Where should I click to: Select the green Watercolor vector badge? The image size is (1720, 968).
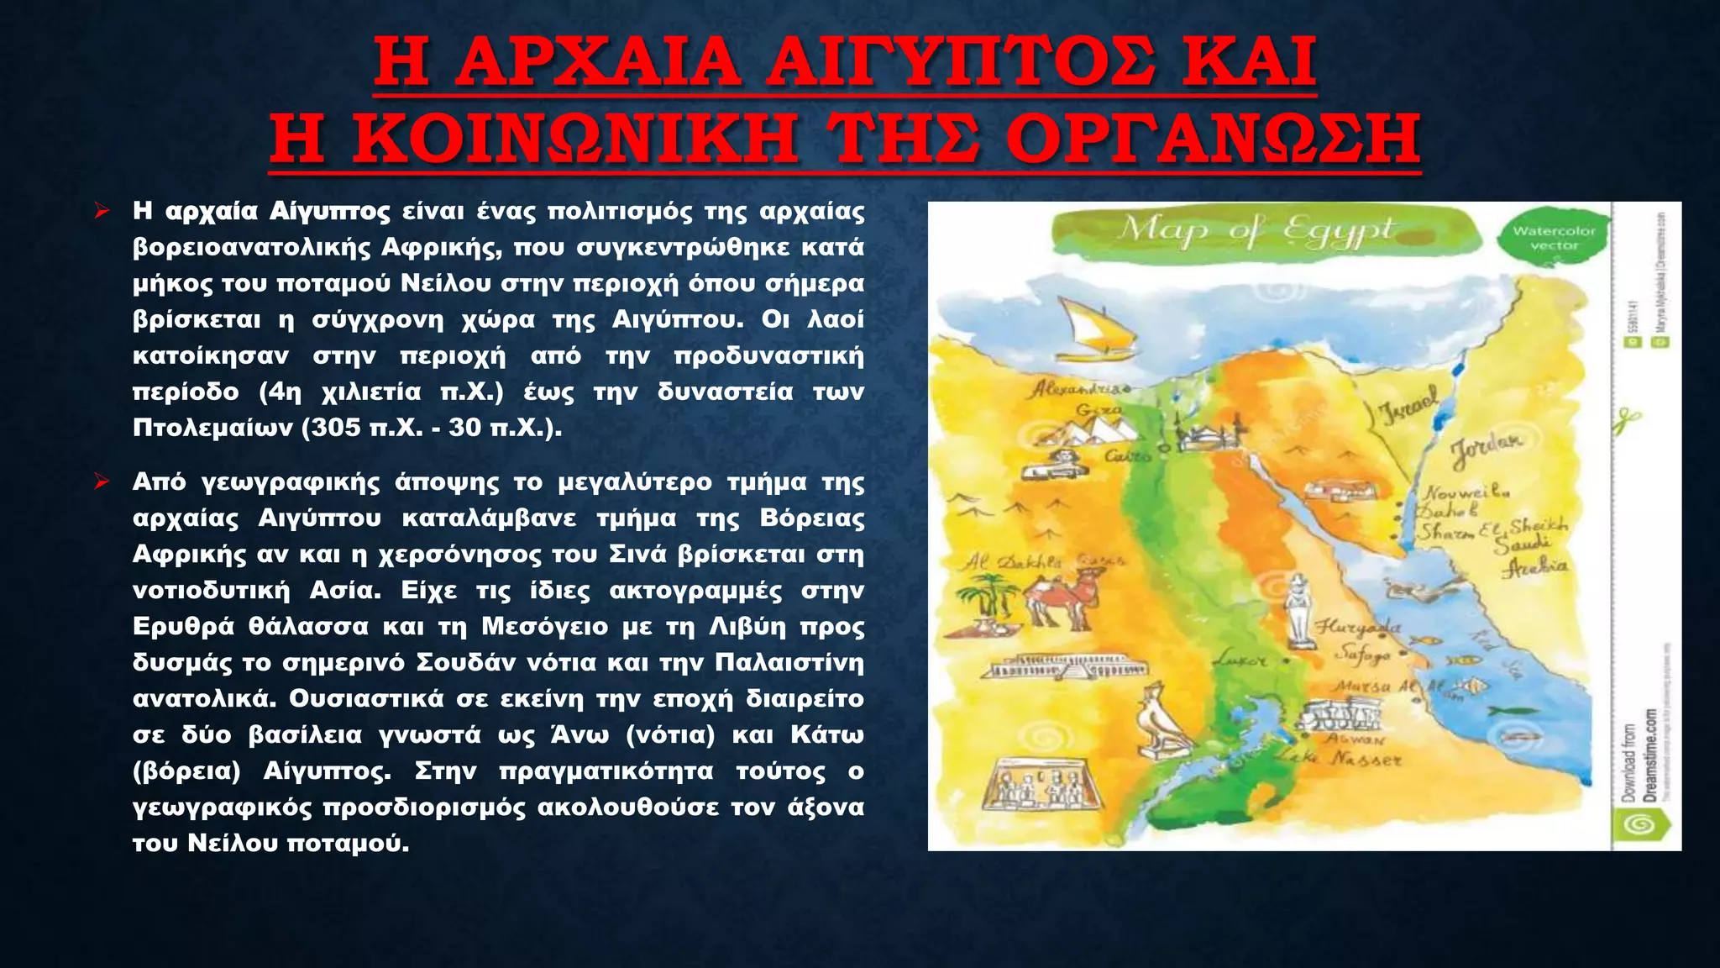tap(1553, 238)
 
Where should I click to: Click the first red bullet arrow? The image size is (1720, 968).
tap(102, 211)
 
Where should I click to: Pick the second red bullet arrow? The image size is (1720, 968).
tap(102, 482)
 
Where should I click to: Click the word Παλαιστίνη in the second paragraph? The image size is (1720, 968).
tap(789, 663)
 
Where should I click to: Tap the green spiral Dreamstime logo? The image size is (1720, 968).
tap(1639, 827)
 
